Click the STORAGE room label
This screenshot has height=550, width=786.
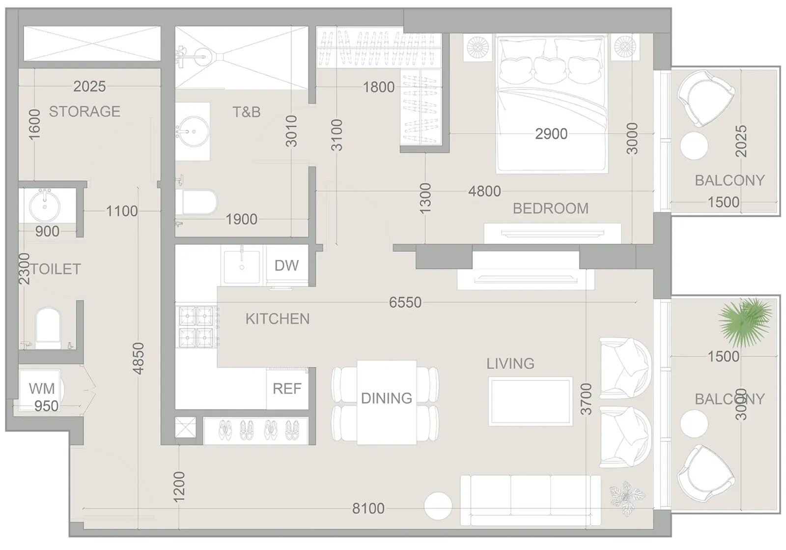pyautogui.click(x=84, y=112)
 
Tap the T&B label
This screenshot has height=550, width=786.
pyautogui.click(x=247, y=112)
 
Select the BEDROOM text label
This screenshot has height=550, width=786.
pyautogui.click(x=551, y=208)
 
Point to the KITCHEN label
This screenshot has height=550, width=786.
pyautogui.click(x=278, y=318)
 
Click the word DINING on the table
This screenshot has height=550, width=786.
pyautogui.click(x=387, y=398)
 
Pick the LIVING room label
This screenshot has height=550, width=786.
pyautogui.click(x=510, y=363)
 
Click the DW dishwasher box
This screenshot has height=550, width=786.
pyautogui.click(x=287, y=265)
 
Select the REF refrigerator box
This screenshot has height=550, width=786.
pyautogui.click(x=287, y=389)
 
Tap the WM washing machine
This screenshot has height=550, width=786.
pyautogui.click(x=40, y=389)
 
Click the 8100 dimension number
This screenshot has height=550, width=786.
pyautogui.click(x=368, y=509)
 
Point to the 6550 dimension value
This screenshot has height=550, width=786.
pyautogui.click(x=405, y=302)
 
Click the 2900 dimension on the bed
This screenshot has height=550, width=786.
pyautogui.click(x=551, y=134)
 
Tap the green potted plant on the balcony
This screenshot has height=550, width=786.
pyautogui.click(x=745, y=321)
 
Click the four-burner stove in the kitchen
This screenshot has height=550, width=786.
pyautogui.click(x=196, y=327)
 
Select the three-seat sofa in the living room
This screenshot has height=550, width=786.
pyautogui.click(x=530, y=500)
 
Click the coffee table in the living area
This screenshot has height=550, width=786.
pyautogui.click(x=530, y=402)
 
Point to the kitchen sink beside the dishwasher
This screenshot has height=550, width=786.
pyautogui.click(x=242, y=266)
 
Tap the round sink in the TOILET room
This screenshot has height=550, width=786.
pyautogui.click(x=45, y=206)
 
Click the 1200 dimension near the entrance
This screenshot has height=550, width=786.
pyautogui.click(x=179, y=487)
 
